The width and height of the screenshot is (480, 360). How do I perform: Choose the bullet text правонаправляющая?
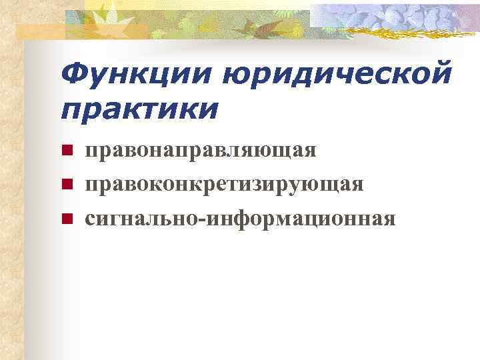pyautogui.click(x=200, y=151)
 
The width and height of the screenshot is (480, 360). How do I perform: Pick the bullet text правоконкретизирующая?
pyautogui.click(x=224, y=183)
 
